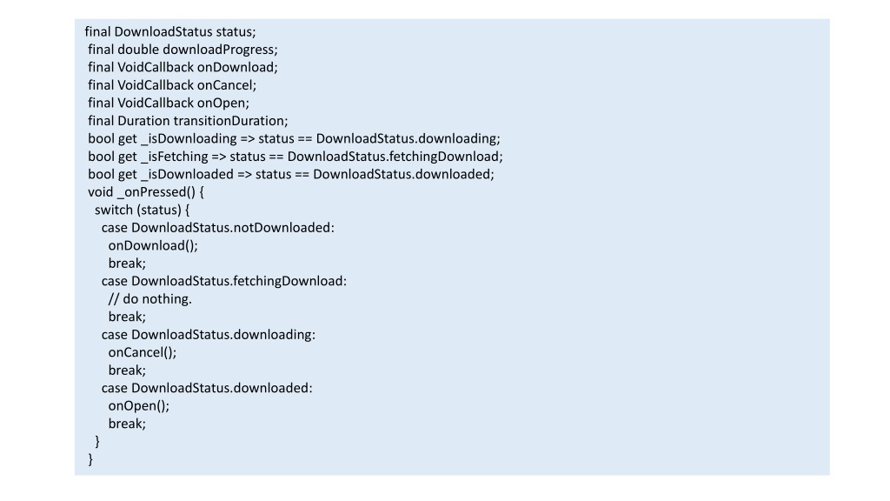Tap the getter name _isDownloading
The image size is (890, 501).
189,139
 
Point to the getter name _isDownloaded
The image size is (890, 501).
187,174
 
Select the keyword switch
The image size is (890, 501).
114,210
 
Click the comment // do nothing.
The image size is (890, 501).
149,299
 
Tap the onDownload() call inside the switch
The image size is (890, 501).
153,246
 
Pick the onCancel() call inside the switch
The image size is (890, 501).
142,353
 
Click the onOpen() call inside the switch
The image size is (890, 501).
138,406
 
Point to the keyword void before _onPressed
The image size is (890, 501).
101,192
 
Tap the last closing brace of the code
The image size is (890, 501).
90,459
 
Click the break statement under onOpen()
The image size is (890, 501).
127,424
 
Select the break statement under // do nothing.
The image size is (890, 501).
127,317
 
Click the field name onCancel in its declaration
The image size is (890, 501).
225,85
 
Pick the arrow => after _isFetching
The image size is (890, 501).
218,157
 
